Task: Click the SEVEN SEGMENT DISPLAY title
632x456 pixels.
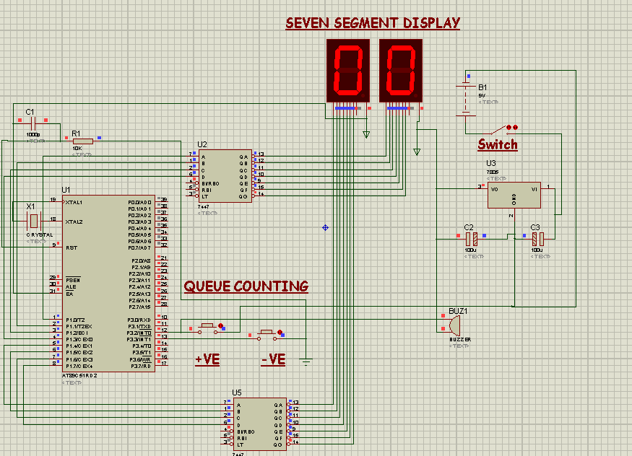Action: [x=373, y=23]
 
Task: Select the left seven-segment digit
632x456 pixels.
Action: [x=348, y=70]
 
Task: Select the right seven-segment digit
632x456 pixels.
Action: [x=401, y=70]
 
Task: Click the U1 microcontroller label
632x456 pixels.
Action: [x=66, y=190]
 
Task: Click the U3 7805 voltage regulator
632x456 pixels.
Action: [x=514, y=195]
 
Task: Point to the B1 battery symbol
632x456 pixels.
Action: [x=466, y=99]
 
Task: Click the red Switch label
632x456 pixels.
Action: [x=498, y=144]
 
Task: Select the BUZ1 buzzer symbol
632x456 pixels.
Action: [x=442, y=324]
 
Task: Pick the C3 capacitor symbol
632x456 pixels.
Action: [x=536, y=238]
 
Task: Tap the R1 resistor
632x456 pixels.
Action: [x=82, y=141]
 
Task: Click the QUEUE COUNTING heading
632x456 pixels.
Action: [x=246, y=286]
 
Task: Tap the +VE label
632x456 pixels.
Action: [x=207, y=359]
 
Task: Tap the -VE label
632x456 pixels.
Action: [x=273, y=359]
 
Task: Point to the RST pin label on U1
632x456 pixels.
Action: [x=72, y=247]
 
